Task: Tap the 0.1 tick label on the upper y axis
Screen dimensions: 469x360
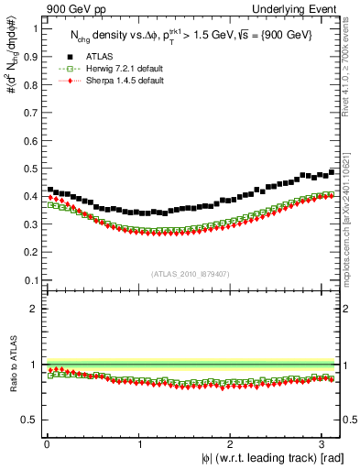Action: (30, 279)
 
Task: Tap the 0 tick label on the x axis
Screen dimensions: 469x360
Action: (46, 443)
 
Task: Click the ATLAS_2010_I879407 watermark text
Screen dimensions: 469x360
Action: (191, 273)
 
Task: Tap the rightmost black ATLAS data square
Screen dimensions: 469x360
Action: (332, 172)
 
